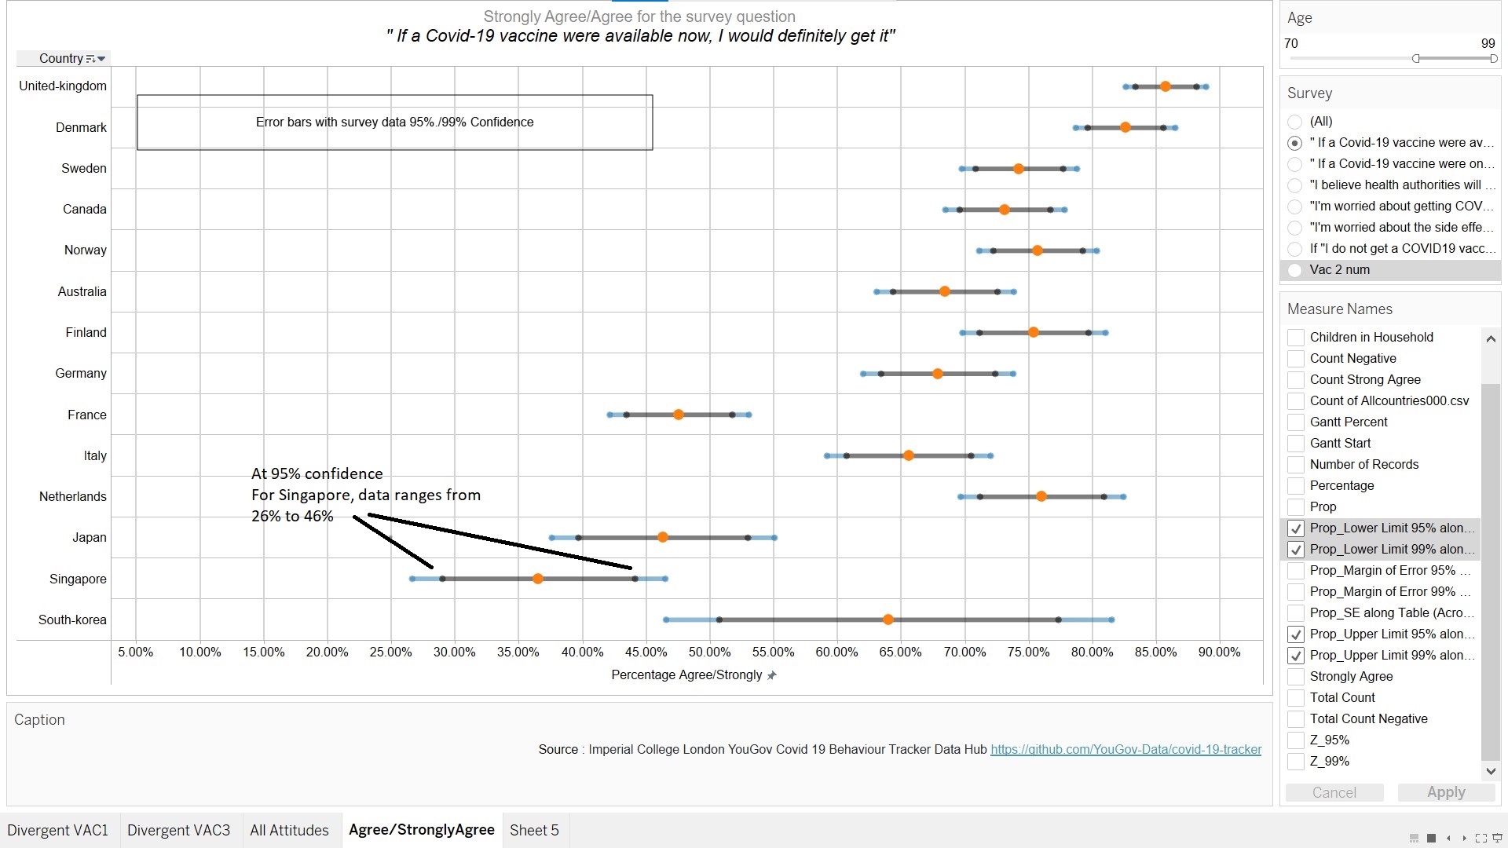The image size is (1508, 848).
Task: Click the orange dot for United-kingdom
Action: pos(1165,86)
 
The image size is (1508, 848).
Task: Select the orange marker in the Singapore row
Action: pos(538,579)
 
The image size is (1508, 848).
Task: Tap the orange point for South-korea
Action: pos(888,620)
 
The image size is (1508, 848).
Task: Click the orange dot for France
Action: pos(679,415)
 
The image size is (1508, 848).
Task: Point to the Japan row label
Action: pos(89,538)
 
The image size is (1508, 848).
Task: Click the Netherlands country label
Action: pos(72,497)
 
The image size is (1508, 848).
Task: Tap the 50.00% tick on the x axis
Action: pos(709,652)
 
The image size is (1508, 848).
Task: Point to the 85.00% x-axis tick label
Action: pos(1155,652)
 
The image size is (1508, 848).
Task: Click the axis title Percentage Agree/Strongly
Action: pos(686,675)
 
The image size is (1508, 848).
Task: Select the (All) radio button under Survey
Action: pos(1295,122)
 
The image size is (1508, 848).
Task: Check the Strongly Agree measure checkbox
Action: pos(1296,677)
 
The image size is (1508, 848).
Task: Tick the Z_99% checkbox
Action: pos(1296,762)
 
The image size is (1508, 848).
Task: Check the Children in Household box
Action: pos(1296,338)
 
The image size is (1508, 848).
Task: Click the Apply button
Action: pos(1445,793)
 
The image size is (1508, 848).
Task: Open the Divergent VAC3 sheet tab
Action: pos(178,831)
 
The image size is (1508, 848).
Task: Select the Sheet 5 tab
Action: pos(534,831)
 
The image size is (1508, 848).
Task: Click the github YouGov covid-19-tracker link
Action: pos(1126,750)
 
